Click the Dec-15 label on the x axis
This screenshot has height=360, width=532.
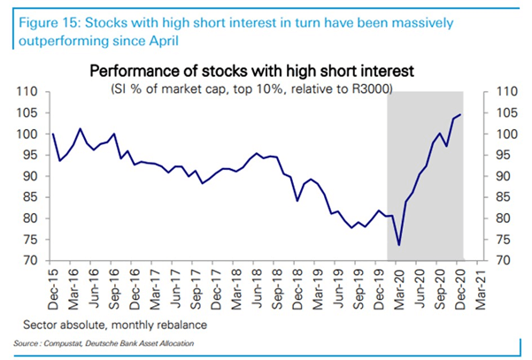(53, 285)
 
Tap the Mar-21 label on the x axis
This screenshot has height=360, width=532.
(480, 285)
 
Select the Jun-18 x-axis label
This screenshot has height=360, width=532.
(257, 285)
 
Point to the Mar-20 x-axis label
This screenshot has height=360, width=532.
(399, 285)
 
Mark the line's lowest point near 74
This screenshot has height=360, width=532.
(399, 244)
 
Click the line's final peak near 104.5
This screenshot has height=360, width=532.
(461, 115)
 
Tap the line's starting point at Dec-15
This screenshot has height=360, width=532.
(53, 134)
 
